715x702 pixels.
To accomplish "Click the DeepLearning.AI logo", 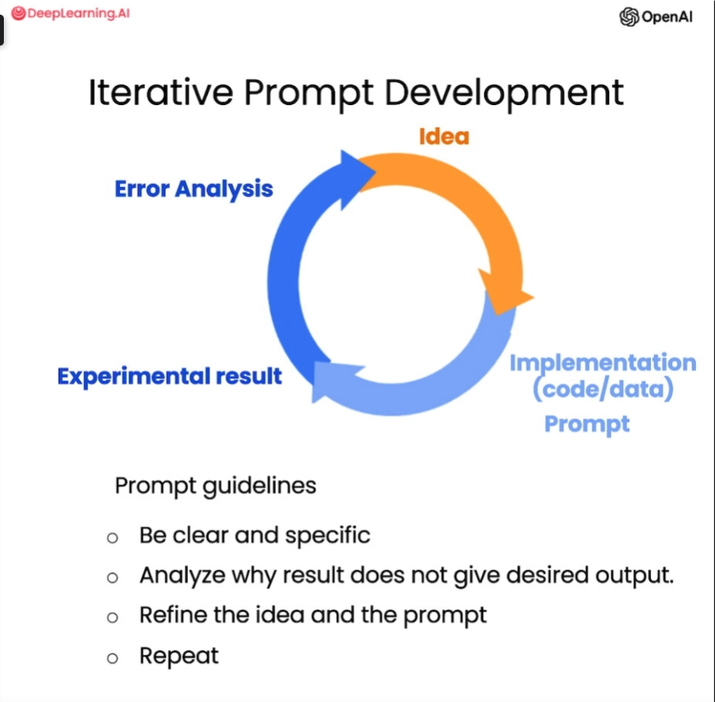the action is click(x=70, y=13).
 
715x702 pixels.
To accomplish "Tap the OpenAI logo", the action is click(x=655, y=17).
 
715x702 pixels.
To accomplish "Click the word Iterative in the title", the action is click(x=161, y=93).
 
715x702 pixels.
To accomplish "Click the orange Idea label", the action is click(x=444, y=136).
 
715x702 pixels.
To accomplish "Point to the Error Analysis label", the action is click(x=194, y=189).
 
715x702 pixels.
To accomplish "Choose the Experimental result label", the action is click(x=169, y=377).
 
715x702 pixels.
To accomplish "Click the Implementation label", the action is click(x=603, y=363).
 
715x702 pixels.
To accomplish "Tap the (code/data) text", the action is click(x=603, y=389).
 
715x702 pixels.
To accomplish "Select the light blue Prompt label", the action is click(x=587, y=424).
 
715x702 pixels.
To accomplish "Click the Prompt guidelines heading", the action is click(x=215, y=486).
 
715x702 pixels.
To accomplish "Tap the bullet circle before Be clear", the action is click(x=112, y=538).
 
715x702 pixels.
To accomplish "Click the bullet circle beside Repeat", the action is click(x=112, y=658).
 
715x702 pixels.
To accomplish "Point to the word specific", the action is click(x=328, y=536).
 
